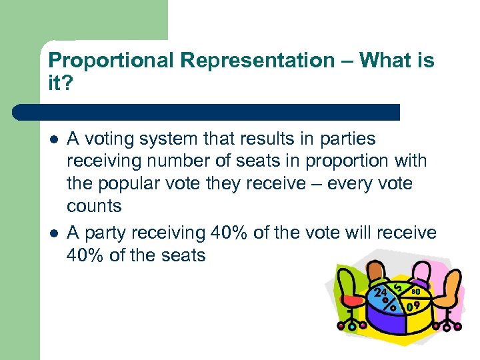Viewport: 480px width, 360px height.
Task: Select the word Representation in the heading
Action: click(x=257, y=61)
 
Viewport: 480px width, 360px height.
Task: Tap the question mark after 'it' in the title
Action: click(x=75, y=83)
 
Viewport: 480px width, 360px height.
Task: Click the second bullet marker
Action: click(x=53, y=233)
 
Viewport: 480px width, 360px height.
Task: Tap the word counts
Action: click(x=94, y=206)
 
